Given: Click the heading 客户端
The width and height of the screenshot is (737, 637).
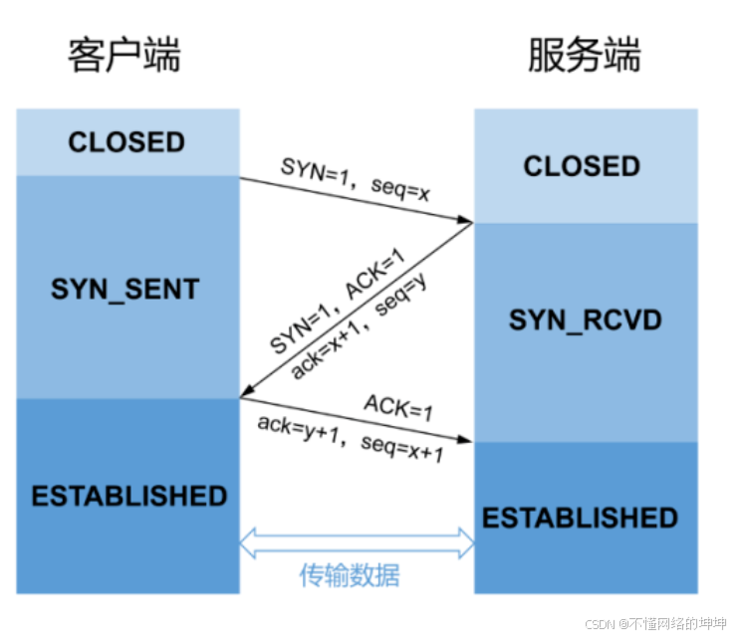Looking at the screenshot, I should point(124,56).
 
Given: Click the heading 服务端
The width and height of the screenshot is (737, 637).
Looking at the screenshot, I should point(584,56).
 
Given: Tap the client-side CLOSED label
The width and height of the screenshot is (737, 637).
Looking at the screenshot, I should point(126,142).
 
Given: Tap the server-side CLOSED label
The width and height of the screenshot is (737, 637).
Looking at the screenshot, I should point(583,166).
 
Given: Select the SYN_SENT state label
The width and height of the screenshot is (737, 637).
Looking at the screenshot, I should point(125,290).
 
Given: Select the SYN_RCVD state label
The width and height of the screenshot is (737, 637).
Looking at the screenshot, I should point(586,320).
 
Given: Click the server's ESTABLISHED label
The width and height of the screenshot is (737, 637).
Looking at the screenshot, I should point(581,519).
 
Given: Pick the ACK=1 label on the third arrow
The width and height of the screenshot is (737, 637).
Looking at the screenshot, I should point(396,406).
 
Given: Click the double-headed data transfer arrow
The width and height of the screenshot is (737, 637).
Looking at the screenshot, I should point(357,542).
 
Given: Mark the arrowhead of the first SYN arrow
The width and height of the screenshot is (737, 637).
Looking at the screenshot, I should point(468,220).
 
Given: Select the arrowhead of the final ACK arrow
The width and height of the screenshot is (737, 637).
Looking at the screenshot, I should point(468,440).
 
